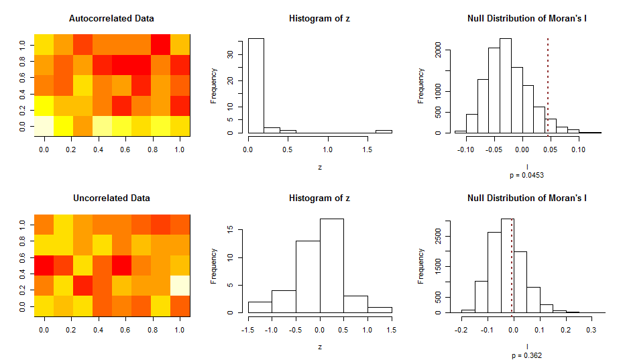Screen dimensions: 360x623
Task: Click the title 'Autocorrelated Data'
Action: [111, 18]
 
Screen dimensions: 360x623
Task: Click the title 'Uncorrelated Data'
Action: [111, 198]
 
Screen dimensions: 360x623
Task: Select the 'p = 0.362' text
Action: [526, 355]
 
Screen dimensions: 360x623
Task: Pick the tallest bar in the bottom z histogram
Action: [331, 265]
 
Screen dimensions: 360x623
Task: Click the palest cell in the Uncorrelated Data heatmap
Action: [180, 285]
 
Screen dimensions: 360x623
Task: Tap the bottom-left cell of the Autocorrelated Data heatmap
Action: [44, 125]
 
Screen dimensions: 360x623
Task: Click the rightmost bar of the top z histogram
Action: [384, 131]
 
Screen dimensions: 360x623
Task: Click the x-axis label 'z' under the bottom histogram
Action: [319, 346]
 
